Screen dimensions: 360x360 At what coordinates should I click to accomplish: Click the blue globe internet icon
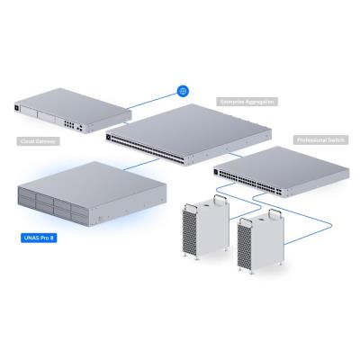coord(183,91)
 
